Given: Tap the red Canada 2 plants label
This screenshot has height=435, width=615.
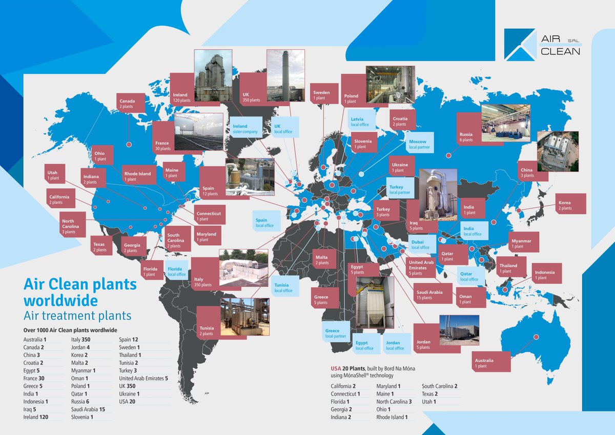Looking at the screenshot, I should pos(128,104).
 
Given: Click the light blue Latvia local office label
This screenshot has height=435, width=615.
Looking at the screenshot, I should pos(360,122).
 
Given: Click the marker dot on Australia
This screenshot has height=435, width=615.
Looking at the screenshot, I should pos(536,337).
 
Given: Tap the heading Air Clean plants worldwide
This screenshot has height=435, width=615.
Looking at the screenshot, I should pos(80,291).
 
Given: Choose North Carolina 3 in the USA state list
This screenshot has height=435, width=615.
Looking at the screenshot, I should pos(394,402).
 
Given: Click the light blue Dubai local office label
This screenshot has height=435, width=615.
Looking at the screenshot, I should pos(420,244).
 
